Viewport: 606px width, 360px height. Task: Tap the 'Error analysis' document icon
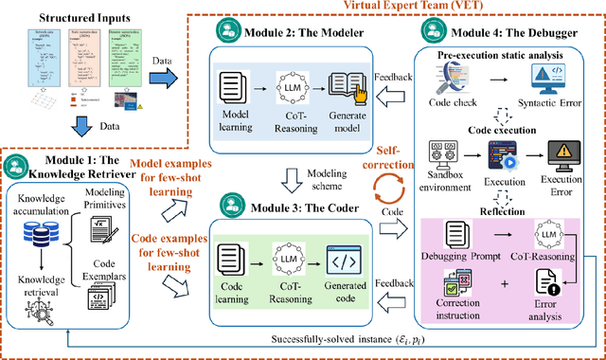tap(552, 283)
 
